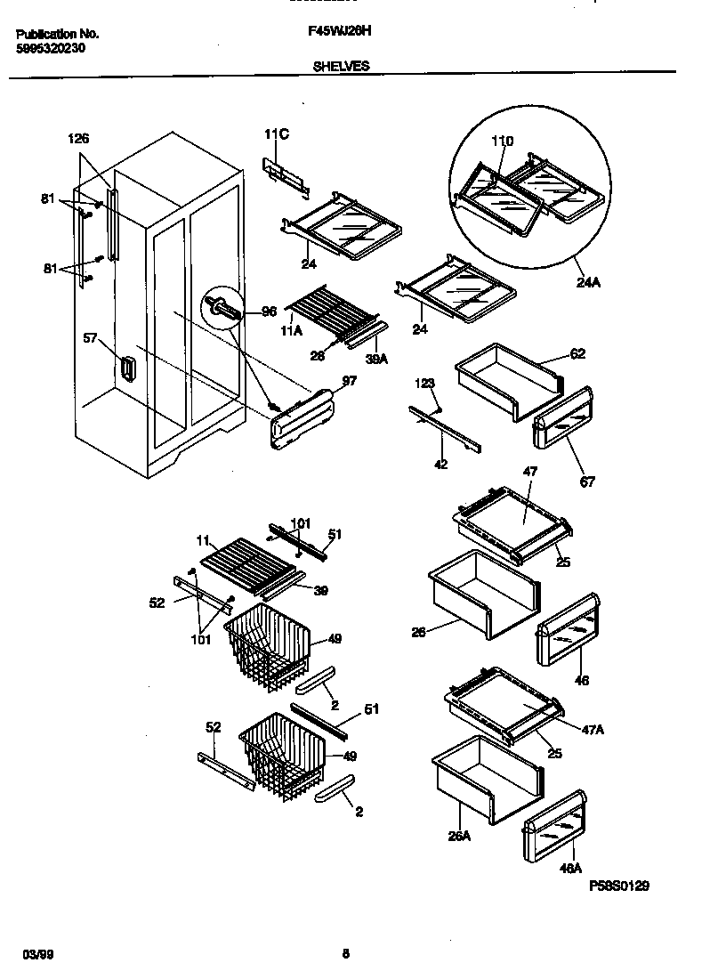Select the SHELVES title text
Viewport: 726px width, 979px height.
click(x=342, y=66)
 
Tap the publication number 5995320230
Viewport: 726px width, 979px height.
click(x=51, y=50)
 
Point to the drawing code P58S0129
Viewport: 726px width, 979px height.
click(x=619, y=886)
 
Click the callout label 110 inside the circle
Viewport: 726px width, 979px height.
click(x=503, y=142)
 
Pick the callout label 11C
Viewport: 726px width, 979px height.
click(x=277, y=134)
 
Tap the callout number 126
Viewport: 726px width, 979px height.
click(x=79, y=139)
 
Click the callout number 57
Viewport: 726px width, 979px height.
click(x=90, y=337)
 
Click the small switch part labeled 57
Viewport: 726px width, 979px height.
click(x=127, y=370)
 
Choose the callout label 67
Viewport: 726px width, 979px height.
click(x=587, y=481)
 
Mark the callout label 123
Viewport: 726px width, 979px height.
click(x=424, y=384)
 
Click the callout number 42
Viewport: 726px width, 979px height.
click(x=440, y=464)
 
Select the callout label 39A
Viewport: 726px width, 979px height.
click(x=377, y=359)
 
